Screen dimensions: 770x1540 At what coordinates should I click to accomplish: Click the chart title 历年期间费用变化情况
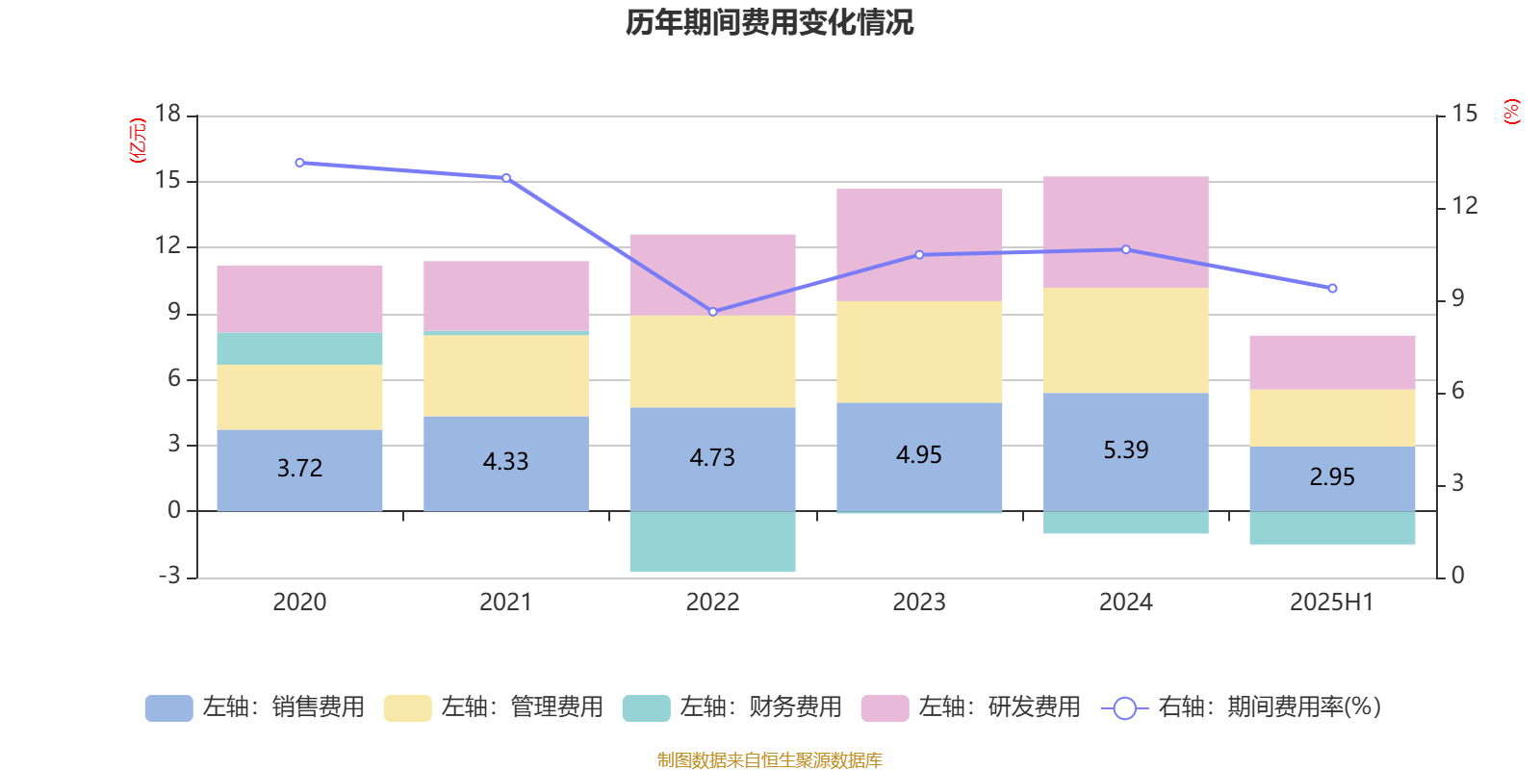(x=769, y=22)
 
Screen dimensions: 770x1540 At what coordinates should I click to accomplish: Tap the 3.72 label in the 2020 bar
(x=299, y=469)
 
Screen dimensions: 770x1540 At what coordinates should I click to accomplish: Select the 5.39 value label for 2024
(x=1125, y=450)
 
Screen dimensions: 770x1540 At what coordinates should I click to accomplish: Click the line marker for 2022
(x=712, y=312)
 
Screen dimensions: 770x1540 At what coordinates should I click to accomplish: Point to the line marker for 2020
(x=299, y=163)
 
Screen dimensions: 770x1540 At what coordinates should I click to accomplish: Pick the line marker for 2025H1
(x=1332, y=289)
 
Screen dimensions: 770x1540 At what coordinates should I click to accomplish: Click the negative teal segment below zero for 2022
(x=712, y=542)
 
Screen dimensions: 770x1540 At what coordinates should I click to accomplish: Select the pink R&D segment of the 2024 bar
(x=1125, y=232)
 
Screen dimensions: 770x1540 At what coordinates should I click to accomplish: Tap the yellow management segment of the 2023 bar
(x=919, y=352)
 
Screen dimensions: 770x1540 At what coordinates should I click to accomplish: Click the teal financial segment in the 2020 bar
(x=299, y=348)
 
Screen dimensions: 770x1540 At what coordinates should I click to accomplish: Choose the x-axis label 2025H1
(x=1331, y=603)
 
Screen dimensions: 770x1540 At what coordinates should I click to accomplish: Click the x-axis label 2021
(x=505, y=603)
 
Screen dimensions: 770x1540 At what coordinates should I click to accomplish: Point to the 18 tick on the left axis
(x=168, y=115)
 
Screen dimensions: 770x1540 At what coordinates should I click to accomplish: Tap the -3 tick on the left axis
(x=169, y=576)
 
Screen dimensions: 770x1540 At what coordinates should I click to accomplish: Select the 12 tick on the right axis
(x=1464, y=206)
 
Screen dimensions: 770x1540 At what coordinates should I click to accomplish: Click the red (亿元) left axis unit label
(x=138, y=141)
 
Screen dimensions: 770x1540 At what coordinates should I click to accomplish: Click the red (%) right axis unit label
(x=1511, y=112)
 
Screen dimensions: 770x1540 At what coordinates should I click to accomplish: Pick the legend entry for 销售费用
(x=255, y=707)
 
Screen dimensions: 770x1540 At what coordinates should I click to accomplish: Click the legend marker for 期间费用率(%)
(x=1124, y=708)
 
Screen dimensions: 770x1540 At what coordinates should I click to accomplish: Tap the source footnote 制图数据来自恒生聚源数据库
(x=769, y=760)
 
